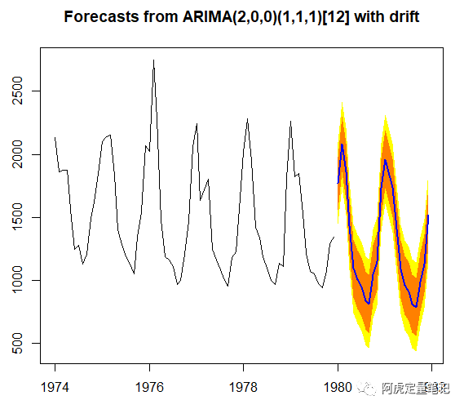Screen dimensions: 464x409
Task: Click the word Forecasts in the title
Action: coord(101,16)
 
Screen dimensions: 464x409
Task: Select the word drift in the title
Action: coord(404,16)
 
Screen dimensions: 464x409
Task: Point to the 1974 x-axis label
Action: coord(55,387)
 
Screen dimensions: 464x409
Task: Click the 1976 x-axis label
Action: coord(149,387)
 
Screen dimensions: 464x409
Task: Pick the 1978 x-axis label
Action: coord(243,387)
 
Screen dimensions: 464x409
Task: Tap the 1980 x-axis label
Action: coord(338,387)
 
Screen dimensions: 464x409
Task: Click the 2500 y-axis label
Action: coord(17,91)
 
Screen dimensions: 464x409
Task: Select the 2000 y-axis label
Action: coord(17,154)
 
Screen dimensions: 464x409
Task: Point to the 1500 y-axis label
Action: coord(17,217)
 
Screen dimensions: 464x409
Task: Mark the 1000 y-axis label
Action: coord(17,280)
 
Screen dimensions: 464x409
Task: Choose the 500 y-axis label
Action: coord(17,343)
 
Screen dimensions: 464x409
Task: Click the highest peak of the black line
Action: coord(153,60)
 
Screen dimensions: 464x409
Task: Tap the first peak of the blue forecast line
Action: coord(342,144)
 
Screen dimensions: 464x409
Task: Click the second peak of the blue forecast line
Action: coord(385,160)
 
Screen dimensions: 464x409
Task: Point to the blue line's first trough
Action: coord(369,304)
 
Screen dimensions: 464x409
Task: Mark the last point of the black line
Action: coord(334,237)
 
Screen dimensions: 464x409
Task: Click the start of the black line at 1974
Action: coord(55,137)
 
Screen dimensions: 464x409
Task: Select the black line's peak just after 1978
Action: coord(247,119)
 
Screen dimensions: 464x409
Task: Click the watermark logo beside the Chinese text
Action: coord(366,388)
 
